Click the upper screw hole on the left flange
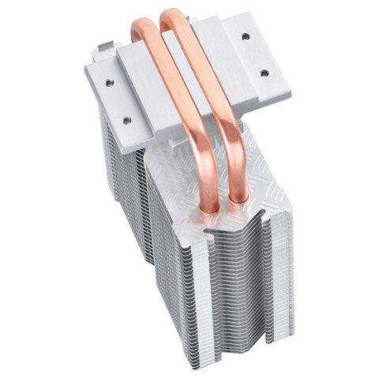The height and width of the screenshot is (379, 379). [x=109, y=81]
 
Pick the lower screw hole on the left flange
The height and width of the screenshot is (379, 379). [x=126, y=120]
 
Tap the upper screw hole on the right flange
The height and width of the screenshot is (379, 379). [x=246, y=36]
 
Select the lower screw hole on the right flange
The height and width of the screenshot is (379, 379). [x=264, y=73]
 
